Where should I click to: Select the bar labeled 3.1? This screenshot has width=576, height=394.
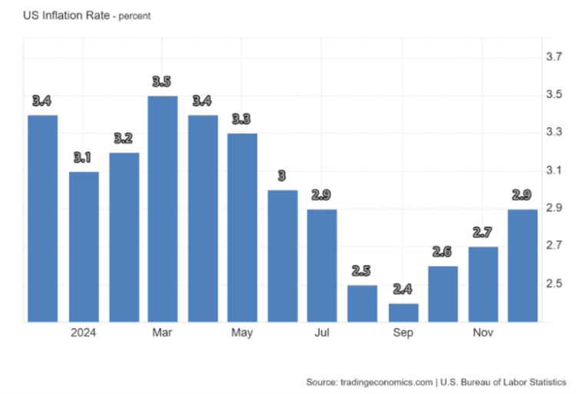83,247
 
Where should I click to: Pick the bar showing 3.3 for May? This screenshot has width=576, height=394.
242,227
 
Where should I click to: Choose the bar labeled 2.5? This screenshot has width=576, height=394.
361,303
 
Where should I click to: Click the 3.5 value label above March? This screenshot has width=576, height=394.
162,82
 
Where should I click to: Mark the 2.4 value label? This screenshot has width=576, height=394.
402,290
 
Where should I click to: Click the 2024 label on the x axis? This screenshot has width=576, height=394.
83,333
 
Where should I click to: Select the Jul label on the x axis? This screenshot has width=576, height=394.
322,333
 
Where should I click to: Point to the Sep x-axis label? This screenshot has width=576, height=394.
402,333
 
